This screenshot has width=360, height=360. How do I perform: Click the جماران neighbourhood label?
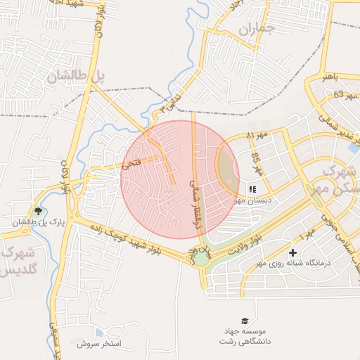click(x=254, y=30)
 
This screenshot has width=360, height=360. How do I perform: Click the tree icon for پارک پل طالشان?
click(x=38, y=211)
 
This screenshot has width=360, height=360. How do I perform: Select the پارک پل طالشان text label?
click(x=37, y=224)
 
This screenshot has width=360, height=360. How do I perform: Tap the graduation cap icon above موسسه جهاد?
click(x=244, y=320)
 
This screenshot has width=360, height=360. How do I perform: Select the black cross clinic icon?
click(x=292, y=252)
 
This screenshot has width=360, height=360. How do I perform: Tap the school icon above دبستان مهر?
click(x=252, y=189)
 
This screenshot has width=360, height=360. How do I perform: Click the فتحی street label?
click(x=132, y=165)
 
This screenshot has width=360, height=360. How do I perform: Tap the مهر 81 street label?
click(x=259, y=134)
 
